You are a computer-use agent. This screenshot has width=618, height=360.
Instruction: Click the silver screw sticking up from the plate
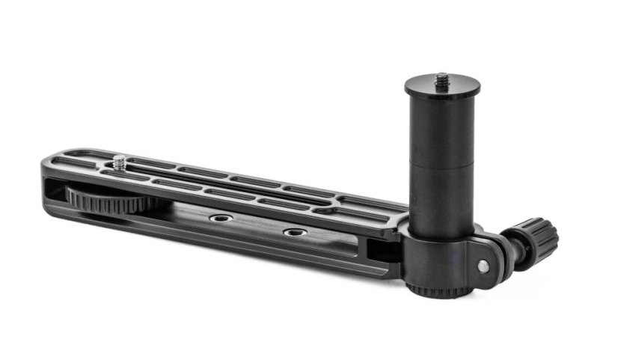(x=120, y=159)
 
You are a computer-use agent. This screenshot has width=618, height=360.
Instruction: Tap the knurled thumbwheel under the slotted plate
(x=101, y=198)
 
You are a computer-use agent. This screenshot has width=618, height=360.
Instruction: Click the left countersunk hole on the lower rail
(x=220, y=218)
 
